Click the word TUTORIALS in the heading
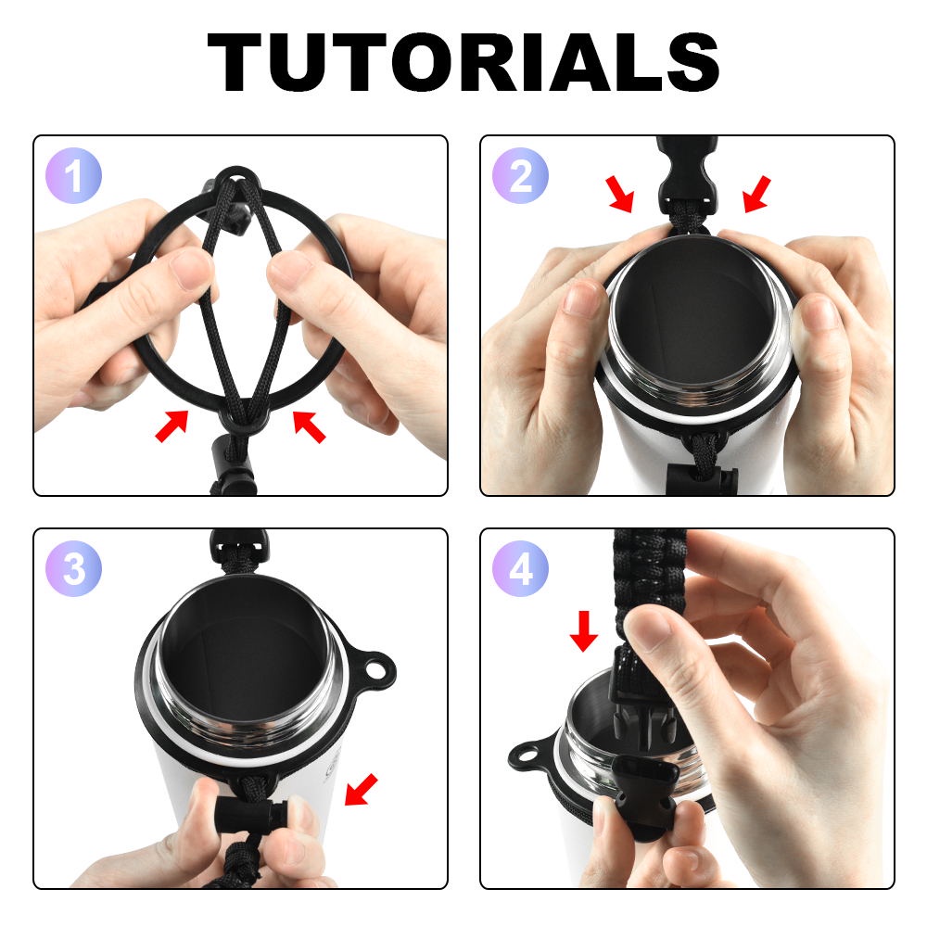[x=463, y=62]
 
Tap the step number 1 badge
[x=74, y=175]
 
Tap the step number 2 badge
[x=520, y=175]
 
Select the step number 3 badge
[x=74, y=568]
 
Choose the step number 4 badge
[x=520, y=568]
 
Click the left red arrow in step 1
[x=171, y=425]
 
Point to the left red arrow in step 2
[x=620, y=194]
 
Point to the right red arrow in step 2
[x=757, y=194]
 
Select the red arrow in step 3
[x=360, y=789]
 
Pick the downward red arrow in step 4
[x=583, y=630]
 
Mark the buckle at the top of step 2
[x=686, y=171]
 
